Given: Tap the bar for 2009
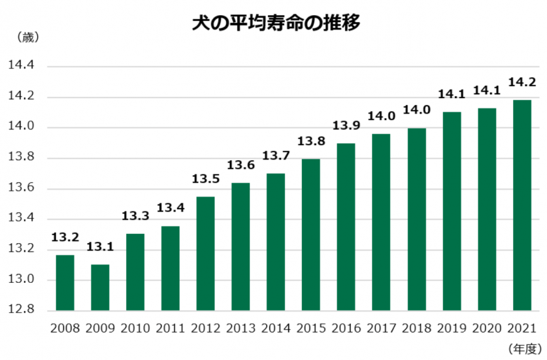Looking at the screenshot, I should pos(100,287).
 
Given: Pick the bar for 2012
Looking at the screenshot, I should pos(205,253).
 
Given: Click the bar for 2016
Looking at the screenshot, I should pos(346,226).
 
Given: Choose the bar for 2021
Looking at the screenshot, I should pos(522,205).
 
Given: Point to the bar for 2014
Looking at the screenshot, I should pos(276,241).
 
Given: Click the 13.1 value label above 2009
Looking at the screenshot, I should pos(100,248).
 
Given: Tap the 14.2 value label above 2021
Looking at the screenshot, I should pos(522,82).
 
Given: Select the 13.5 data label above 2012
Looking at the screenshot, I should pos(205,179).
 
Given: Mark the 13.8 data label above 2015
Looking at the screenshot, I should pos(311,141).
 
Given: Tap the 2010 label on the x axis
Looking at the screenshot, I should pos(135,328).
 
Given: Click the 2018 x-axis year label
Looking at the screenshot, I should pos(416,328).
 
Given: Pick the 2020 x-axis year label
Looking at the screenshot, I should pos(487,328).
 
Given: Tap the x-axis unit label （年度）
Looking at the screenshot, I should pos(525,349).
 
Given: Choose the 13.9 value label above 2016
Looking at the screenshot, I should pos(346,125).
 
